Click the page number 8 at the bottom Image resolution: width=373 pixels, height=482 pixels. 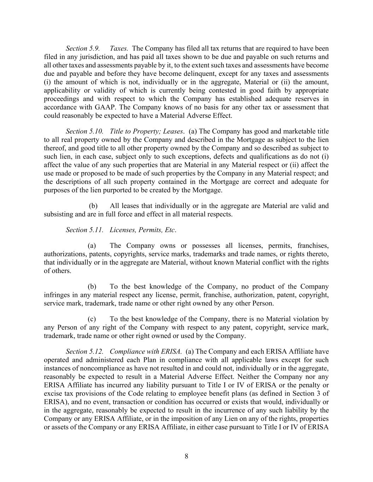tap(186, 456)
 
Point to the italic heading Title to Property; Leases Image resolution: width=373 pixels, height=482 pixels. tap(147, 131)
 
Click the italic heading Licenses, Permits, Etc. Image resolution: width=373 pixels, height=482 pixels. tap(143, 230)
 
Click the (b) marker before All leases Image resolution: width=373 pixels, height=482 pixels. tap(93, 206)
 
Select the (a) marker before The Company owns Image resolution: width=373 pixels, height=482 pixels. tap(92, 246)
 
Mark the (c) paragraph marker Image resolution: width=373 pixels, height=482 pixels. tap(92, 319)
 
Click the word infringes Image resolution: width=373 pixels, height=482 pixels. tap(57, 295)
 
